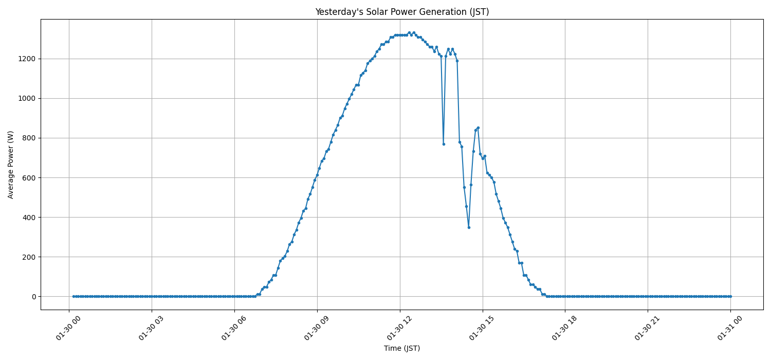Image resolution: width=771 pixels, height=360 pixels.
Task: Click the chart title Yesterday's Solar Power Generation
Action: click(401, 12)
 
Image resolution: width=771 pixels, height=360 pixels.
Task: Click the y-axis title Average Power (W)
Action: click(11, 165)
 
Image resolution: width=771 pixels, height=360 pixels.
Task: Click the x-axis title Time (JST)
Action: click(401, 348)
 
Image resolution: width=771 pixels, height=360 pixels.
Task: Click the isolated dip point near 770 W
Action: click(444, 144)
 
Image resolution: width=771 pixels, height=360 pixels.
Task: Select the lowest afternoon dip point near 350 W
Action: click(469, 227)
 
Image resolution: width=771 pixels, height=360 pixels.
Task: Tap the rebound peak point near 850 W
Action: click(478, 128)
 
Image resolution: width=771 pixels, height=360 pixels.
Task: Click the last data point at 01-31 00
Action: click(730, 296)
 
